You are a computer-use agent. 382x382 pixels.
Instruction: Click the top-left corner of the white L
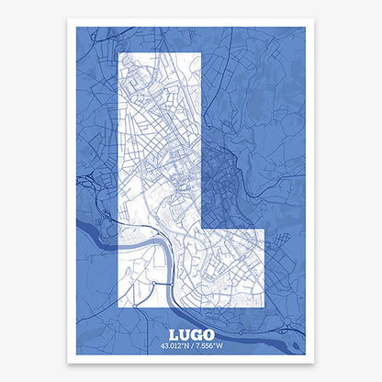pos(120,53)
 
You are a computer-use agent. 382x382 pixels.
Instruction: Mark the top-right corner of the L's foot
pos(264,229)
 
